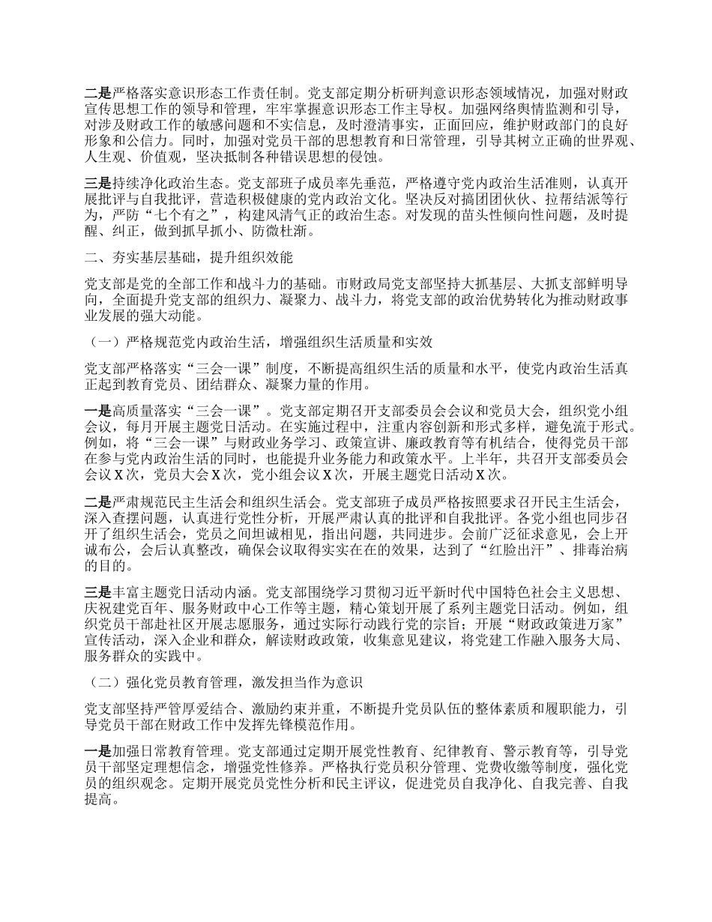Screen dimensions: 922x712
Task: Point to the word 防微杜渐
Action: (280, 232)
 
